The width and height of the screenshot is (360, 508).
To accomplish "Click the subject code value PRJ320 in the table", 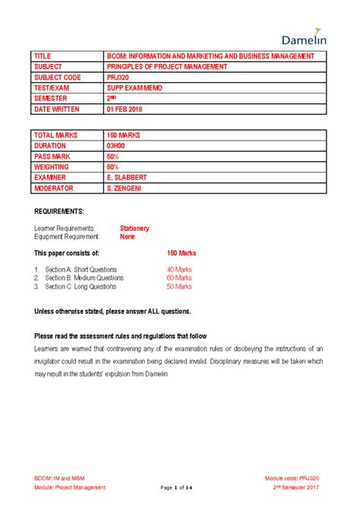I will click(118, 77).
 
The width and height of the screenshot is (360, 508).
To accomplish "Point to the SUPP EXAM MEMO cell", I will click(134, 88).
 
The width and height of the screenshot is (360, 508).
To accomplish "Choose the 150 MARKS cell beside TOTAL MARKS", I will click(124, 134).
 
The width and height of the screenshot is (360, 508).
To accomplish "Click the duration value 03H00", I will click(118, 145).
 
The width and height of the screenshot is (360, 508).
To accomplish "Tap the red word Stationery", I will click(134, 228).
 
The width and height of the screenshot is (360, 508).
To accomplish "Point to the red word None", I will click(128, 236).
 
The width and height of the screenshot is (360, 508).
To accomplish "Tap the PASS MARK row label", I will click(50, 156).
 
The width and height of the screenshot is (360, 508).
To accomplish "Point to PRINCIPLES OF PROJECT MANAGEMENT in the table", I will click(167, 67).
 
